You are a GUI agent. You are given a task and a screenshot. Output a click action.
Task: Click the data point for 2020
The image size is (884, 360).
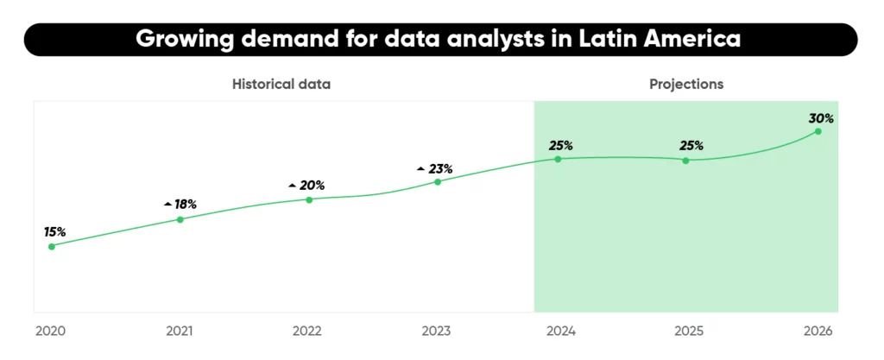[52, 246]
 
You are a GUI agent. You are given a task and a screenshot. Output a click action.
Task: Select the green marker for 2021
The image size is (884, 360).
[180, 219]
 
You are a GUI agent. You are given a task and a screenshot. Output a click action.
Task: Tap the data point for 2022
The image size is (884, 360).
[309, 199]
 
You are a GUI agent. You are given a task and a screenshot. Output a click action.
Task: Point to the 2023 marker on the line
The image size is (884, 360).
[438, 181]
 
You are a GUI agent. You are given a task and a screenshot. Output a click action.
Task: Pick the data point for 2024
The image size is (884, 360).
[558, 159]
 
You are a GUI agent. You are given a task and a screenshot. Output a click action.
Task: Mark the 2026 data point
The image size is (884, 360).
[818, 131]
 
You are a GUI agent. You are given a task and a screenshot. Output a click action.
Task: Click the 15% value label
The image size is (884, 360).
[55, 231]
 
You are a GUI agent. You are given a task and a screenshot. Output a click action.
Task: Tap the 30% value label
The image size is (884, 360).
[820, 117]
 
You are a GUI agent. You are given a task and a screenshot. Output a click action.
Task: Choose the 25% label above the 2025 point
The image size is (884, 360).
[691, 145]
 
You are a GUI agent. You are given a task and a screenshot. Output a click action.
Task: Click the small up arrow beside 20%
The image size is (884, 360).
[292, 186]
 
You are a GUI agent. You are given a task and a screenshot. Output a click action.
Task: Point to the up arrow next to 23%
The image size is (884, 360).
[420, 168]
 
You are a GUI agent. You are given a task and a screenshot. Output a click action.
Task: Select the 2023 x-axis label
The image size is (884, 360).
[436, 331]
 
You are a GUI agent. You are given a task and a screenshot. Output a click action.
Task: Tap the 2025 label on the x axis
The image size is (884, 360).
[689, 331]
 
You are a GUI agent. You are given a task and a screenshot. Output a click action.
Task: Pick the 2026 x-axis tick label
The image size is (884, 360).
[818, 331]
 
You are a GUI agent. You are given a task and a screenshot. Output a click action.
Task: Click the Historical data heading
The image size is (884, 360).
[281, 85]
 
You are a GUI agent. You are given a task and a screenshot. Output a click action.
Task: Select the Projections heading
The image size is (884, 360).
[685, 85]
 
